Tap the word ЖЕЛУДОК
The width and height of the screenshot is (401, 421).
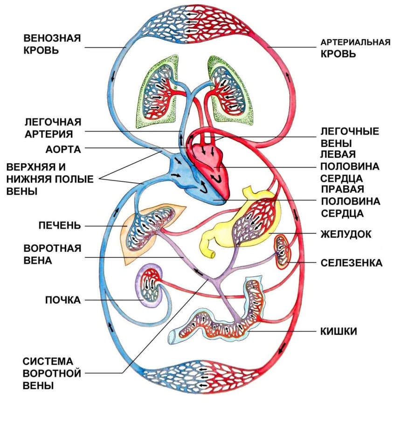(346, 234)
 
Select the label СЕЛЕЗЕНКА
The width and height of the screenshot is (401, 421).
(351, 263)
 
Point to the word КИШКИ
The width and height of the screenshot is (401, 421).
(339, 331)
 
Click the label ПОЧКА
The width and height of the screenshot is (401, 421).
(62, 300)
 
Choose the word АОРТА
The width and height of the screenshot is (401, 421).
(63, 150)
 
